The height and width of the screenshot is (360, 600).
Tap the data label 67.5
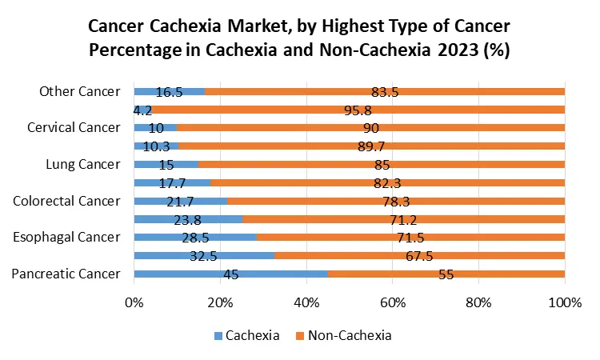(419, 255)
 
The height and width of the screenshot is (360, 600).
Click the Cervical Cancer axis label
(74, 127)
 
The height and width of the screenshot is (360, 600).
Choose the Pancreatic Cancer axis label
(66, 274)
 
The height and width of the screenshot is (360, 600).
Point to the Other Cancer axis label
(80, 91)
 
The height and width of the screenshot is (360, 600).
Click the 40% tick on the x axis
(306, 303)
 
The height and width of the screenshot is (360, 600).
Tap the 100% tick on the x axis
(565, 303)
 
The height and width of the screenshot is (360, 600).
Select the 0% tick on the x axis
(134, 303)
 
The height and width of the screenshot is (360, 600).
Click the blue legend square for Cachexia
(218, 336)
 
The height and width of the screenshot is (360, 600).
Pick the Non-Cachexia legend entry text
(352, 336)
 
